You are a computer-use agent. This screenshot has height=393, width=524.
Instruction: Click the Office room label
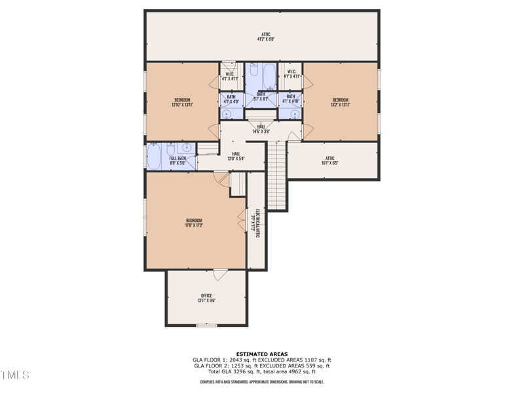pos(207,298)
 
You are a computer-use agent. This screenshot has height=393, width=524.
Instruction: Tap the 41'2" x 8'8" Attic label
pos(265,37)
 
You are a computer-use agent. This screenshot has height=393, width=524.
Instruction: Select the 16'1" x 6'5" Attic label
pos(330,160)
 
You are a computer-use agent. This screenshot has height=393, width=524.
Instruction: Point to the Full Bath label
pos(178,160)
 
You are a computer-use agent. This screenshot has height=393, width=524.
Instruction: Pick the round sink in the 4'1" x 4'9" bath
pos(231,113)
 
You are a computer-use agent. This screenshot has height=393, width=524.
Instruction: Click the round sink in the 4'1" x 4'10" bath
pos(291,113)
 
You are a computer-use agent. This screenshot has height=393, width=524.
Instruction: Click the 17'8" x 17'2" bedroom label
pos(194,223)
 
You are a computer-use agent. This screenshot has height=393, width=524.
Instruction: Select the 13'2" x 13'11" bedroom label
pos(340,102)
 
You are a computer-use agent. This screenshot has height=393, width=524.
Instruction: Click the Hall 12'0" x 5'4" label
pos(236,156)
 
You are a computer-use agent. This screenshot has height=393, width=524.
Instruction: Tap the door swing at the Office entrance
pos(220,276)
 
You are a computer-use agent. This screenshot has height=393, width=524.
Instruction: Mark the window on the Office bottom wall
pos(206,324)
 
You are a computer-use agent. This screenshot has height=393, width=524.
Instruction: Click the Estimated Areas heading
pos(262,354)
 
